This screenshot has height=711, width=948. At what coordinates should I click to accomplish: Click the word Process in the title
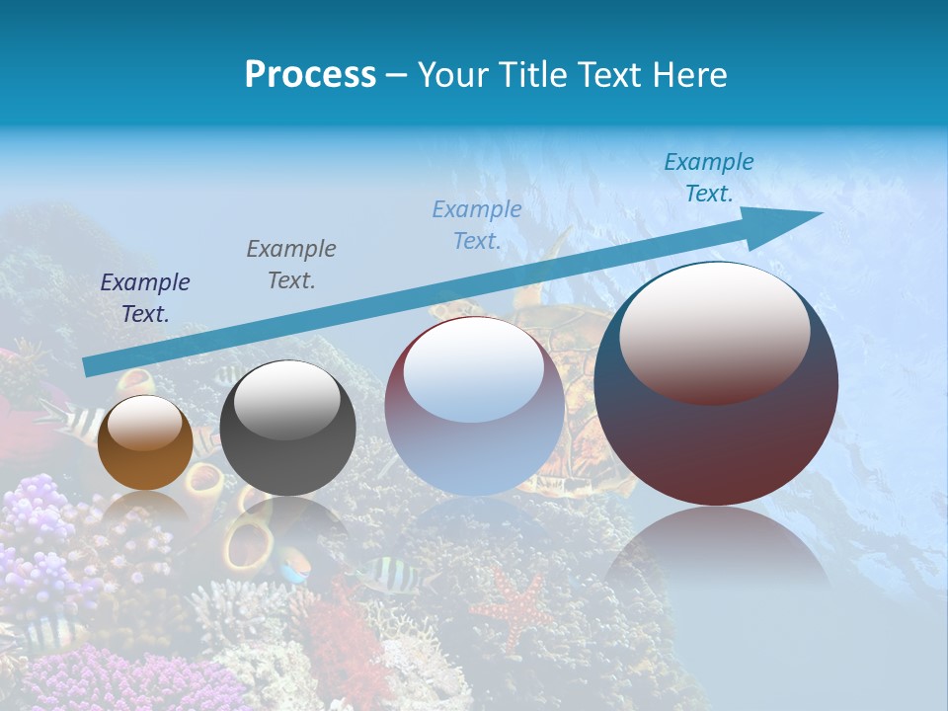(x=310, y=75)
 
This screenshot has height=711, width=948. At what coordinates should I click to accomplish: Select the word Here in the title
(x=690, y=75)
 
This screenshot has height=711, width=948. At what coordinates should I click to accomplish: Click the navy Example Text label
(x=145, y=297)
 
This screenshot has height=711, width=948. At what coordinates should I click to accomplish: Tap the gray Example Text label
(x=291, y=264)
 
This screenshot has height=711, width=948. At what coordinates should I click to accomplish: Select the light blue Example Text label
(x=477, y=224)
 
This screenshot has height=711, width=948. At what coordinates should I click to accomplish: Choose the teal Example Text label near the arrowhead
(x=708, y=178)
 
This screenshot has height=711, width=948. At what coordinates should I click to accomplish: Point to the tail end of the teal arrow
(x=92, y=366)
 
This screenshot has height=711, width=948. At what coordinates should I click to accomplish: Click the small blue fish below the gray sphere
(x=293, y=569)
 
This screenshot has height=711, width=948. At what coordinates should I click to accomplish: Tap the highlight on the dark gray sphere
(x=286, y=397)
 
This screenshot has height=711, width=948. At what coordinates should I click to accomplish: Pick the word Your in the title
(x=451, y=75)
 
